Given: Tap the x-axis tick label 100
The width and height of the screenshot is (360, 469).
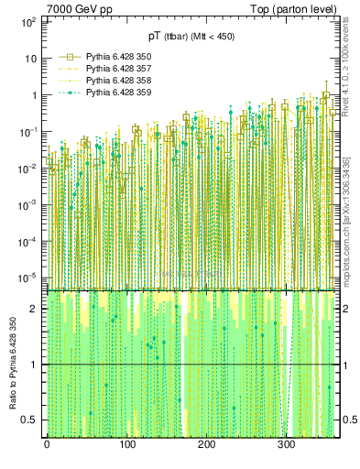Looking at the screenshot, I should [126, 445].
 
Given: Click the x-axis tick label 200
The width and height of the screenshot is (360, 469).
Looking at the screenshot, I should [206, 445].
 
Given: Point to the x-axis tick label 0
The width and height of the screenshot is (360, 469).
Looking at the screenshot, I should [47, 445].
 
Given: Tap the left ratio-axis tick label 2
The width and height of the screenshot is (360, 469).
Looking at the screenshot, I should [35, 309].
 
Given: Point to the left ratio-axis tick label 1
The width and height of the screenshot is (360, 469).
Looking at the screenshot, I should [35, 365].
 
